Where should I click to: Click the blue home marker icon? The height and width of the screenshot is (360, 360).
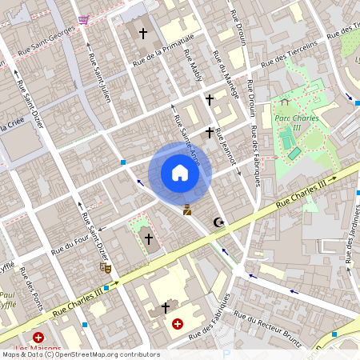point(180,173)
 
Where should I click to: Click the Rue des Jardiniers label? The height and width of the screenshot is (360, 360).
point(349,240)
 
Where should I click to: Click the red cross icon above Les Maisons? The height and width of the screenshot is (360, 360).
point(38,339)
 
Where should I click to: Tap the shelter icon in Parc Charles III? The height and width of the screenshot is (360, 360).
point(284,102)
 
